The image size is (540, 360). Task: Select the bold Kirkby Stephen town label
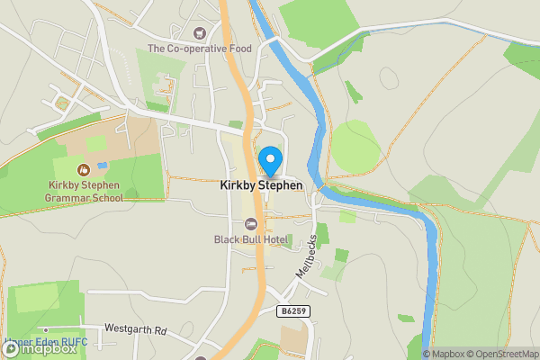coord(261,185)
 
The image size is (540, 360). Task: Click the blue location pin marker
coord(269,160)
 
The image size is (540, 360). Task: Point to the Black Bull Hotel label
coord(249,239)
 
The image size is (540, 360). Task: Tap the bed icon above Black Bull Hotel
coord(251,223)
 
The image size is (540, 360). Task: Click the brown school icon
coord(84,168)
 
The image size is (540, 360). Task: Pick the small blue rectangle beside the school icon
coord(102,166)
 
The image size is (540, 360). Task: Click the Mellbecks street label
coord(307,256)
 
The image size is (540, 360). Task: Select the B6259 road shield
coord(289,310)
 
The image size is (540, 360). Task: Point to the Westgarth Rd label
coord(136,329)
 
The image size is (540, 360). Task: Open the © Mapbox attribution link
coord(445,354)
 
